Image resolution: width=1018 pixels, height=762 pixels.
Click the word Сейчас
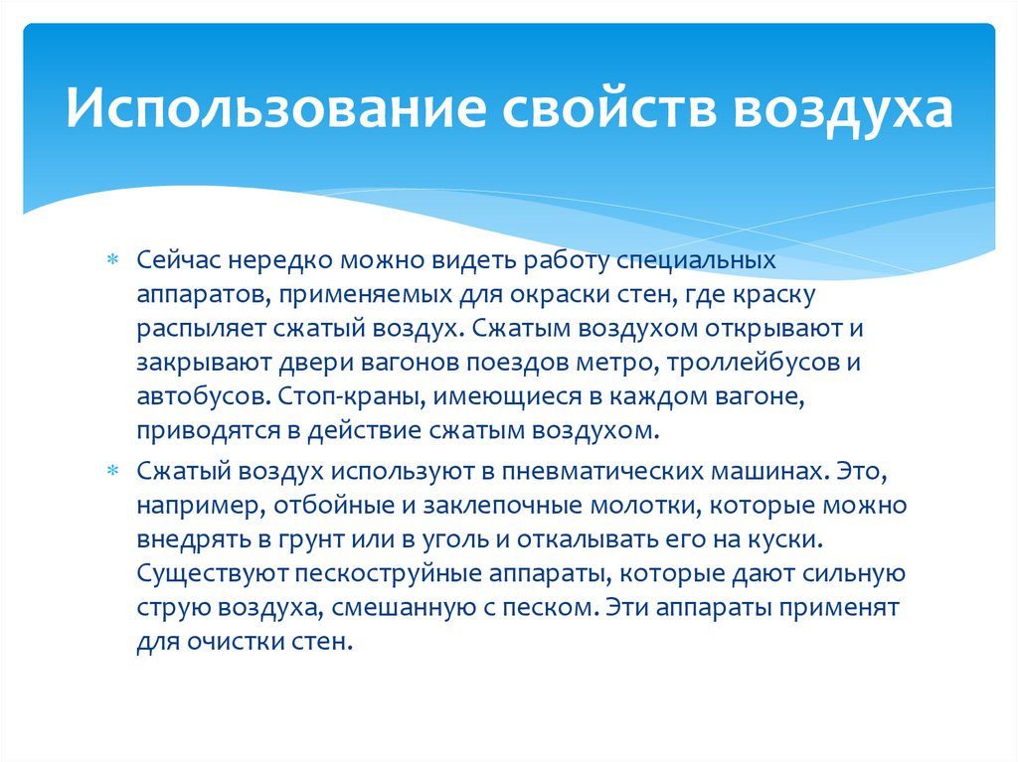point(178,261)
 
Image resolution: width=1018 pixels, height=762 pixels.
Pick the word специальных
point(696,261)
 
